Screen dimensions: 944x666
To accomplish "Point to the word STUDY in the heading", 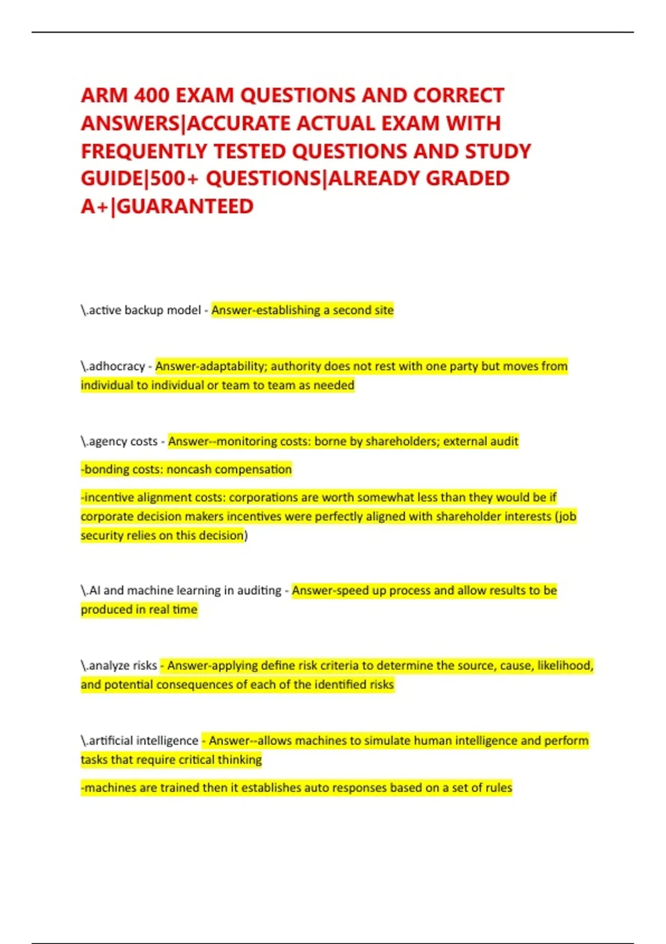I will [498, 151].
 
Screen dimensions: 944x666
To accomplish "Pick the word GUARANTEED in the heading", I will [185, 207].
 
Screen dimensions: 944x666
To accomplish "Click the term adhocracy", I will [117, 366].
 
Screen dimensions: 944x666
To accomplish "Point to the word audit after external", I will [504, 441].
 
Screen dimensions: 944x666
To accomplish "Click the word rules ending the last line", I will [498, 787].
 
